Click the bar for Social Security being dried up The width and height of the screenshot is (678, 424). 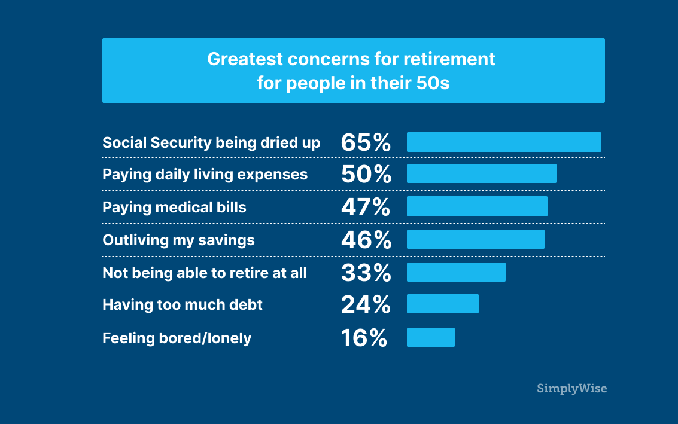[x=504, y=142]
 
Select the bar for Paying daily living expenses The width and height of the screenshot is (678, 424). [x=482, y=173]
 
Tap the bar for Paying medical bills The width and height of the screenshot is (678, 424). [x=477, y=206]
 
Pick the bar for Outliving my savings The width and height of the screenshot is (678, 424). [x=476, y=239]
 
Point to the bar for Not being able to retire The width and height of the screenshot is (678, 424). [x=456, y=272]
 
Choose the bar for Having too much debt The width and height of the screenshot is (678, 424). [x=443, y=304]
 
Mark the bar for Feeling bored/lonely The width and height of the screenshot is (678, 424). [x=431, y=337]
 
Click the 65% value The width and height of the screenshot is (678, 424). [x=366, y=142]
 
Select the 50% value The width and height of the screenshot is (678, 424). [x=366, y=174]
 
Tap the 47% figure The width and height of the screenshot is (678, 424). [x=366, y=207]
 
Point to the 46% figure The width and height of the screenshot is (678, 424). [x=366, y=240]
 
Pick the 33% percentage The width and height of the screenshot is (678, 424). [x=366, y=273]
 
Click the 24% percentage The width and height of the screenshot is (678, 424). [x=366, y=304]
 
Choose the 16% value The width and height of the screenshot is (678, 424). [x=364, y=338]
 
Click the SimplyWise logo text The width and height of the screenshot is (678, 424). [x=571, y=389]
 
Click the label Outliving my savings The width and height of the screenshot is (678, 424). [x=178, y=240]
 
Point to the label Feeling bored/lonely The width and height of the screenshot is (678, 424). [x=177, y=338]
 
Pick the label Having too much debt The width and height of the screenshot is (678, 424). [x=183, y=304]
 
